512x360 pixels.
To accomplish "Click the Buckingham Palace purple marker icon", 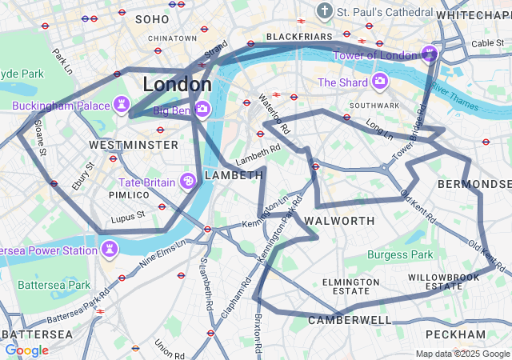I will click(x=122, y=105).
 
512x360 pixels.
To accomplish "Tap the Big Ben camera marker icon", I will click(x=202, y=109).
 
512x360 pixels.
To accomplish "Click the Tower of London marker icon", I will click(x=430, y=54).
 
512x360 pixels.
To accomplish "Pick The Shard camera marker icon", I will click(x=379, y=82).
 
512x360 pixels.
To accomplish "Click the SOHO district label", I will click(x=152, y=18).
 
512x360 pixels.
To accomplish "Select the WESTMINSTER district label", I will click(x=134, y=145).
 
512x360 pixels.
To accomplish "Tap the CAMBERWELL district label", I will click(x=350, y=320).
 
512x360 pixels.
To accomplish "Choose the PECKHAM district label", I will click(x=456, y=334).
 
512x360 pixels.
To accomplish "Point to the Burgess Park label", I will click(x=400, y=255).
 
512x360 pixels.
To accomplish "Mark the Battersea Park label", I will click(x=54, y=285).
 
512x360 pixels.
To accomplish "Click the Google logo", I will click(x=26, y=350).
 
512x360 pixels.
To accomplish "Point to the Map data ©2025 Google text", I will click(x=462, y=354).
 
